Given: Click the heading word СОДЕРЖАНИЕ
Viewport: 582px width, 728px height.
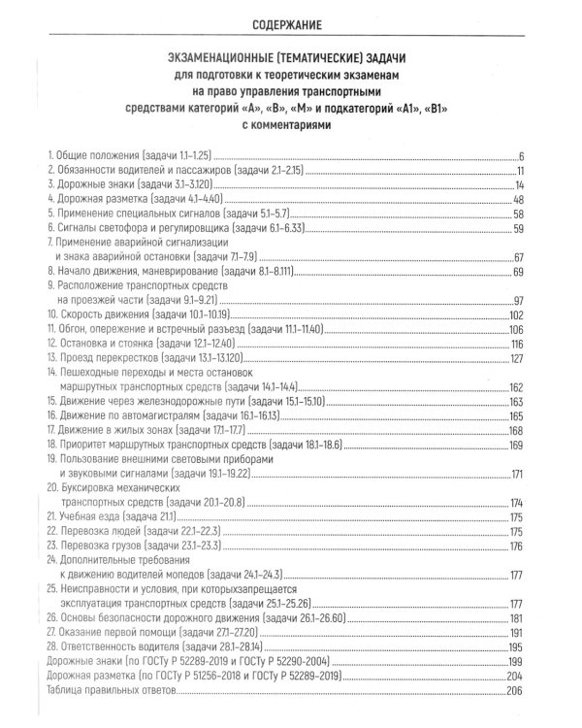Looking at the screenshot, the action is click(x=290, y=23).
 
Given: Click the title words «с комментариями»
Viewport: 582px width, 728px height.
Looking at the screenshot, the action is click(x=290, y=124).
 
